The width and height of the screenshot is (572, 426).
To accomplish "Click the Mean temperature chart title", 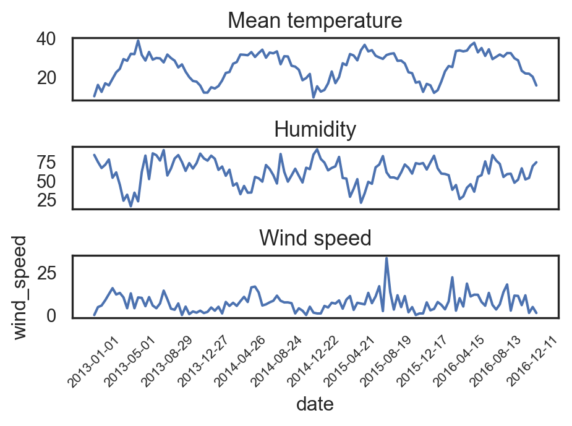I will (315, 21).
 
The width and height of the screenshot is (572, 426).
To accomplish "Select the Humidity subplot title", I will (315, 130).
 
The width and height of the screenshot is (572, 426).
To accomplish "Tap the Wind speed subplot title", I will (315, 238).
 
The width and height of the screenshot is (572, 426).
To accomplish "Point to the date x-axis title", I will (315, 404).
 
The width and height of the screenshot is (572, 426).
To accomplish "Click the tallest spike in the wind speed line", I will (386, 258).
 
